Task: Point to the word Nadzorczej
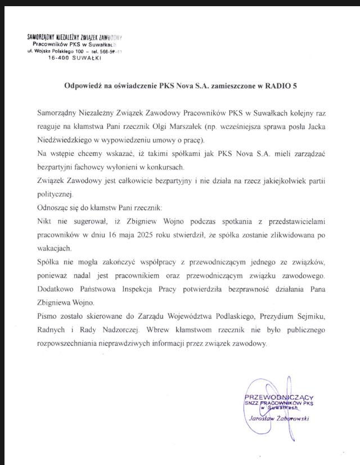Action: (x=146, y=331)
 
